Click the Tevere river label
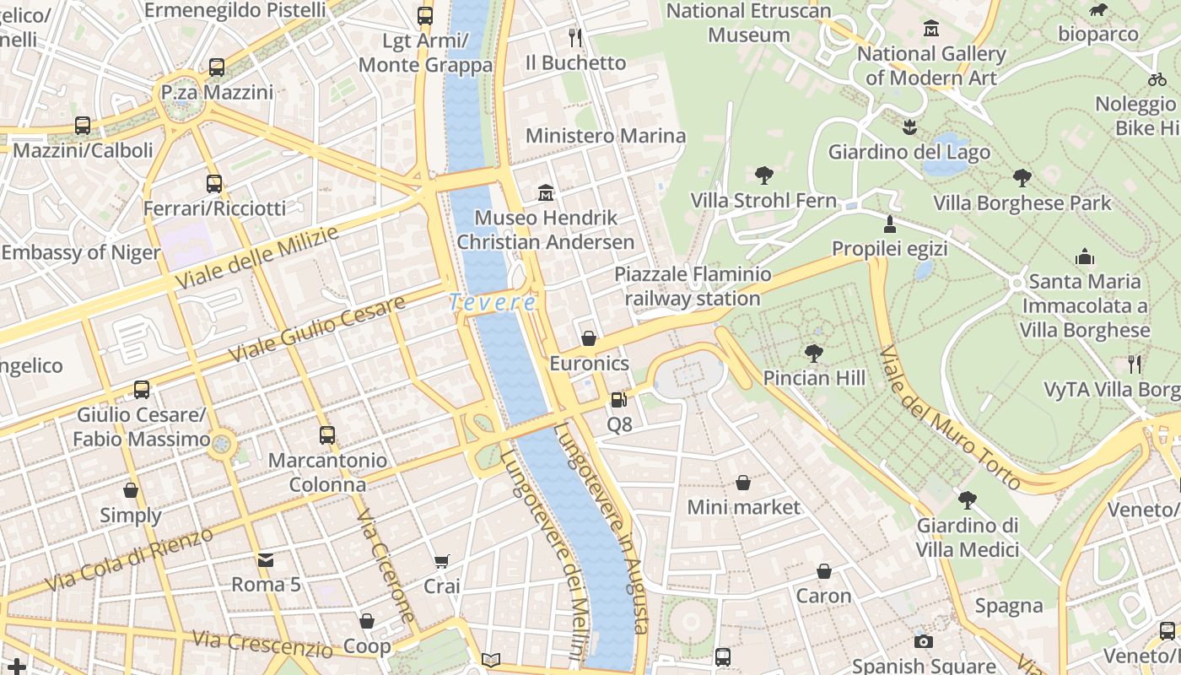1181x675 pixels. pos(493,302)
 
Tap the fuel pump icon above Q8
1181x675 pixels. pos(619,400)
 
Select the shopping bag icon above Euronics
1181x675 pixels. pos(589,339)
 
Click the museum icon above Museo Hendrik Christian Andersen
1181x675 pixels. pos(546,193)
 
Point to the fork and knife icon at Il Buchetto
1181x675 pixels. pos(575,38)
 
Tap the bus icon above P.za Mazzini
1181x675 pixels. pos(217,67)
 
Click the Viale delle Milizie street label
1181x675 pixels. pos(256,257)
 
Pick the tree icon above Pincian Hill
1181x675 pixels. pos(814,353)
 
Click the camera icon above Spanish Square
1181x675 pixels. pos(924,641)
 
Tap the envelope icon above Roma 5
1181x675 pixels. pos(266,559)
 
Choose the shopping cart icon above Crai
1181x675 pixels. pos(441,562)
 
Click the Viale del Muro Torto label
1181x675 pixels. pos(950,418)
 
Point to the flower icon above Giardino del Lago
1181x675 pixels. pos(909,128)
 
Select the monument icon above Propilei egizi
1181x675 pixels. pos(889,224)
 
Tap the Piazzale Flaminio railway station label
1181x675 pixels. pos(693,286)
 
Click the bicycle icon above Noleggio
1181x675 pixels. pos(1157,79)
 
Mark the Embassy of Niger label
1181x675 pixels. pos(81,252)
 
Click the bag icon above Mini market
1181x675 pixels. pos(743,483)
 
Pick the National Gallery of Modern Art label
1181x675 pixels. pos(931,66)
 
